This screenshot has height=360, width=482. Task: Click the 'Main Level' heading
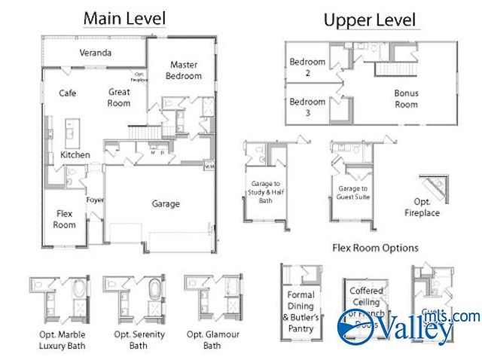(124, 17)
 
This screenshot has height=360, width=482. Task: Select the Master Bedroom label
(184, 70)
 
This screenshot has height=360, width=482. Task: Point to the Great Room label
(119, 97)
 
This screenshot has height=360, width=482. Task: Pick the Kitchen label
(75, 154)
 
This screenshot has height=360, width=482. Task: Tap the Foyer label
(95, 200)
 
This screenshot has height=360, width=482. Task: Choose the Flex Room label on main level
(65, 219)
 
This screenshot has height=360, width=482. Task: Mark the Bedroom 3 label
(307, 107)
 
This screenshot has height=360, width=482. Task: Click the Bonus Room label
(407, 99)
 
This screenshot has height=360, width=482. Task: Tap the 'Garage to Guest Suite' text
(352, 193)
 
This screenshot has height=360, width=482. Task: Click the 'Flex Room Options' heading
(375, 248)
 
